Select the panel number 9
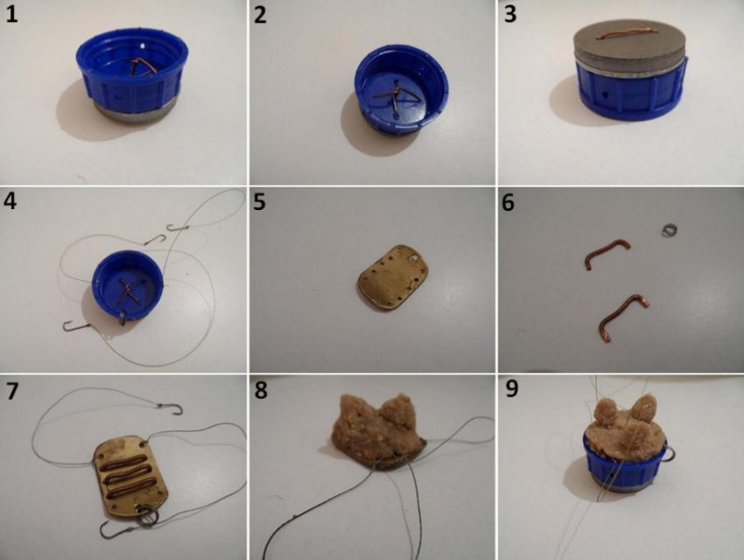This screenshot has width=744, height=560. coord(511,388)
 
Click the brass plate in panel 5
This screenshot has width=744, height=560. coord(393,276)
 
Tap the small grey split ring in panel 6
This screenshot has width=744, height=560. coord(669,230)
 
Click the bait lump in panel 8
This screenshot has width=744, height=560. coord(380,427)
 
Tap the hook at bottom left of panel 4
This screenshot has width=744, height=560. coord(75,326)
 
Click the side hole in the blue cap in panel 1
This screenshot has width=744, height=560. coord(117,94)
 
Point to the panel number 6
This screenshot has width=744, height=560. coord(509,202)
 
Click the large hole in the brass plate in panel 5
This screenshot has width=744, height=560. coord(416,259)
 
